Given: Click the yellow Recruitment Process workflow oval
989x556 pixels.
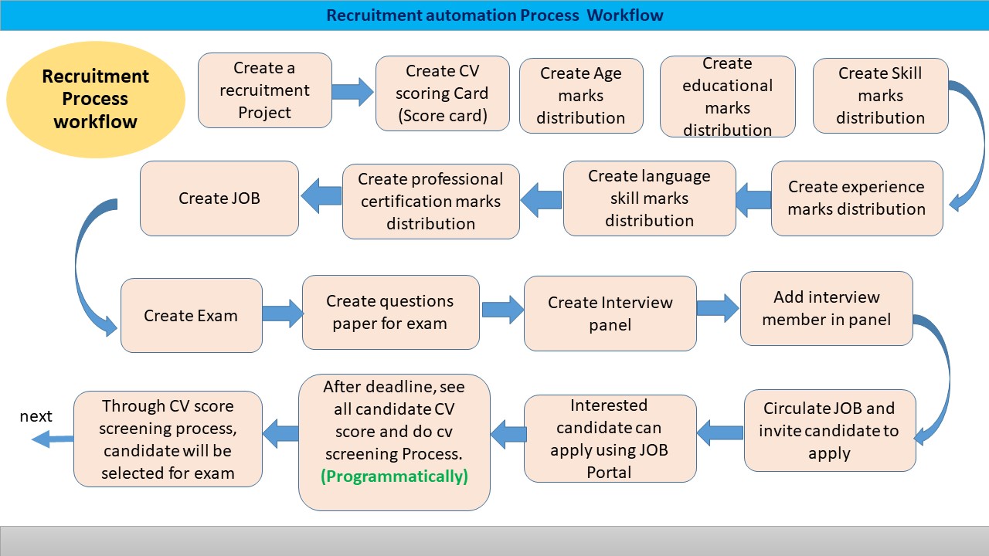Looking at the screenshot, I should click(96, 99).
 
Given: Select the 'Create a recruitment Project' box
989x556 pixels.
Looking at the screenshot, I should click(265, 90).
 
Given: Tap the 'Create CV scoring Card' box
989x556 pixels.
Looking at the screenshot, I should click(442, 93).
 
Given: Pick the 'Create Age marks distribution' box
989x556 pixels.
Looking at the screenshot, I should click(581, 96).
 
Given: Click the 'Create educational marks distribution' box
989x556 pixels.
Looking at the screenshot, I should click(727, 97).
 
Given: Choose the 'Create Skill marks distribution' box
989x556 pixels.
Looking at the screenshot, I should click(880, 96).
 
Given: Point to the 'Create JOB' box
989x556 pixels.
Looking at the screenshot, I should click(219, 198).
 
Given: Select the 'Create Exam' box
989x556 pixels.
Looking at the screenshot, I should click(191, 316).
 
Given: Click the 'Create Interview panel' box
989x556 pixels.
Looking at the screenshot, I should click(610, 314).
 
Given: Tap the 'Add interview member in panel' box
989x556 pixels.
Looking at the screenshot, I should click(826, 308).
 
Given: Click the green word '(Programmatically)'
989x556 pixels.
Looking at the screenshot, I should click(394, 476).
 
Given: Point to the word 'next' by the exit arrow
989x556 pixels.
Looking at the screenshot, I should click(36, 417).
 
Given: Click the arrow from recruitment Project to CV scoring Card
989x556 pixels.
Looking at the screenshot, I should click(353, 91).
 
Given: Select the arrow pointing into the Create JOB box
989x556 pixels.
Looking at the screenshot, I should click(321, 197).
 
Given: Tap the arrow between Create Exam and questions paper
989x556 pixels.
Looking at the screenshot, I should click(283, 313).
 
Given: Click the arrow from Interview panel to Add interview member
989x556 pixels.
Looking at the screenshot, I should click(718, 307).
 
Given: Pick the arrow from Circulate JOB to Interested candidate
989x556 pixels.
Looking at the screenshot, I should click(720, 434).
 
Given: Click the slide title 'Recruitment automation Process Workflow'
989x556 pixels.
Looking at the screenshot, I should click(494, 15).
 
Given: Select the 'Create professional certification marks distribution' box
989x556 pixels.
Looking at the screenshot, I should click(431, 202).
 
